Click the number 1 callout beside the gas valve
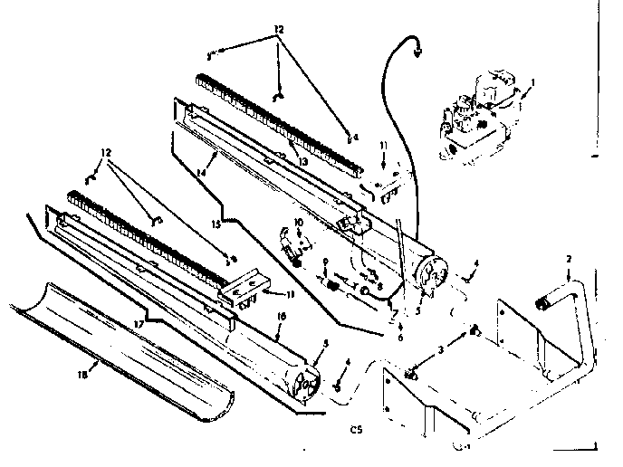coord(534,82)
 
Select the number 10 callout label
coord(297,222)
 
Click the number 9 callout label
coord(324,262)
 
